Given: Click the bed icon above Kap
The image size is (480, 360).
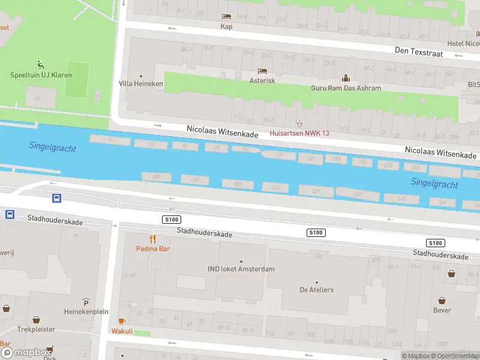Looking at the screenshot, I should tap(226, 17).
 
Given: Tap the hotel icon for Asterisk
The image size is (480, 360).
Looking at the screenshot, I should tap(262, 71).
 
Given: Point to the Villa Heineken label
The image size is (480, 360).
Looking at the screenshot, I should tap(141, 84).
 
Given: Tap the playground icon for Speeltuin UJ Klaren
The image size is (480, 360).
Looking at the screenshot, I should tap(40, 65).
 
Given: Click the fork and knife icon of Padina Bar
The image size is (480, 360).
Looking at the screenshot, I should tap(144, 239).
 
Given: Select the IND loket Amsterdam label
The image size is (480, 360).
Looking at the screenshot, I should tap(241, 269).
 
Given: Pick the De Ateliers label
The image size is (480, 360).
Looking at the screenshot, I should tap(317, 290).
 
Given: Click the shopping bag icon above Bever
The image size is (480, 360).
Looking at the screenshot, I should tap(442, 300).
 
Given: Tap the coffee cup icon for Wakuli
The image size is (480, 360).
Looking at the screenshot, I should tap(122, 321).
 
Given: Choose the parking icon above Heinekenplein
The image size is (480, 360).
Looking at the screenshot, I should tap(86, 302).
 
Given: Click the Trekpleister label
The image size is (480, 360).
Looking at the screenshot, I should tap(36, 329).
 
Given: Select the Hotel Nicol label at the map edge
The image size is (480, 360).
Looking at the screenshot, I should tap(463, 43).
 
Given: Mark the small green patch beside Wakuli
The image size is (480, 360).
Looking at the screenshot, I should tap(142, 333).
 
